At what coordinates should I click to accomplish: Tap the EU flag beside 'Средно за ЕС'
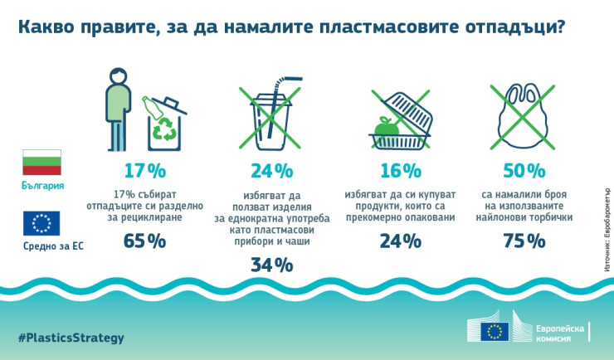click(x=42, y=223)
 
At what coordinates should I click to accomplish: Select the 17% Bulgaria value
click(x=145, y=171)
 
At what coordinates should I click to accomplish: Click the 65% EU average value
click(x=145, y=241)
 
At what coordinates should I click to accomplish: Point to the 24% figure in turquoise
click(x=272, y=171)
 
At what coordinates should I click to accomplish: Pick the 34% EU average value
click(x=272, y=265)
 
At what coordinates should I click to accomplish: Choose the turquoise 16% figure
click(x=401, y=171)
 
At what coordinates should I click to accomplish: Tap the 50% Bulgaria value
click(x=524, y=171)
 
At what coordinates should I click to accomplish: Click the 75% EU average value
click(x=524, y=241)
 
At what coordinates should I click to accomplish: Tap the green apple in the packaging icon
click(x=384, y=127)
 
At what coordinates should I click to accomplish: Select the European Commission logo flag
click(x=496, y=331)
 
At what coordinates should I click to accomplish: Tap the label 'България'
click(x=42, y=185)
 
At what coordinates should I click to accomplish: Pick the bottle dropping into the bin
click(x=153, y=106)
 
